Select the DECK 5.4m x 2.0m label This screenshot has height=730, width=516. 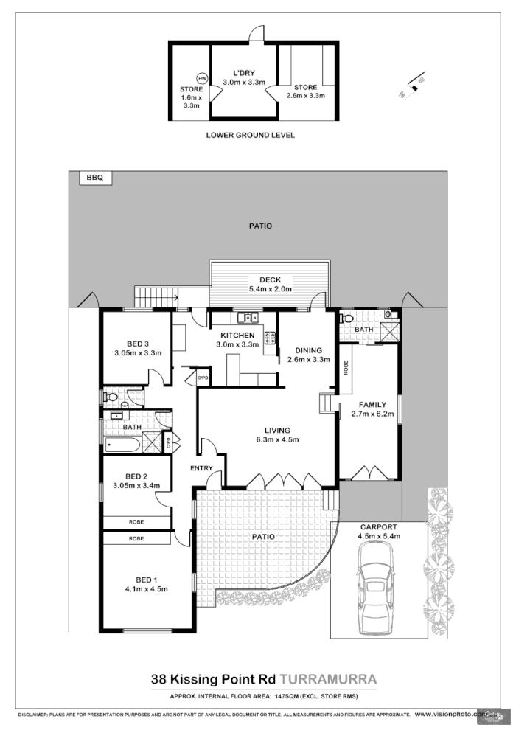pos(265,284)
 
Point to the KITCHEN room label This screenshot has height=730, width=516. pos(237,335)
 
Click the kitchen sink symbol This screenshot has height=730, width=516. pos(248,319)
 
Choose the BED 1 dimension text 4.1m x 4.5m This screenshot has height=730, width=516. pos(147,588)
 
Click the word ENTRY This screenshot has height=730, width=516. pos(201,469)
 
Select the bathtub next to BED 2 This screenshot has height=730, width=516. pos(122,444)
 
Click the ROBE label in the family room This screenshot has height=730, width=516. pos(344,367)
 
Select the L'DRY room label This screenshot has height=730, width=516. pos(244,74)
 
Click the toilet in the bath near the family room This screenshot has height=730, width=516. pos(349,319)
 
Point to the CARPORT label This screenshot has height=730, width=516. pos(378,526)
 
